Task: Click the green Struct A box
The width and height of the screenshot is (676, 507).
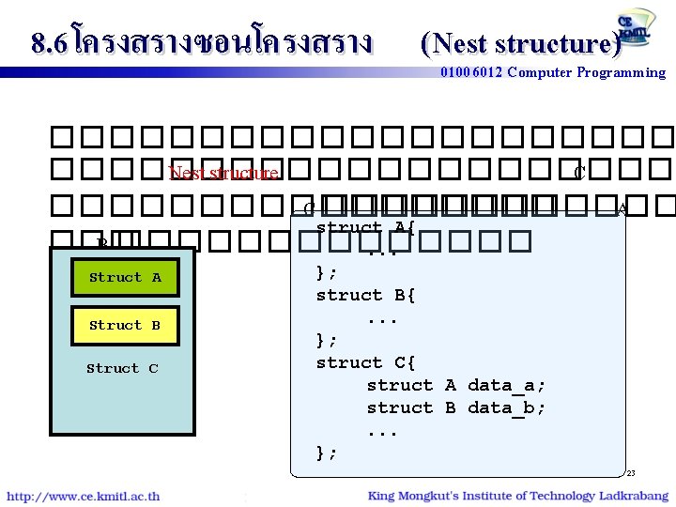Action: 125,277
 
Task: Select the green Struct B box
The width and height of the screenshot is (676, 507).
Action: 125,325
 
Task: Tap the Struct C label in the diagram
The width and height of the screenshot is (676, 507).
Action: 122,368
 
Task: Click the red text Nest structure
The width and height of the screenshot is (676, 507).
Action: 223,173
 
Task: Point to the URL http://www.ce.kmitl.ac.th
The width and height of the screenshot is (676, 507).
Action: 84,496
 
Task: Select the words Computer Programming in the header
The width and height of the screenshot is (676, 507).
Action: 586,72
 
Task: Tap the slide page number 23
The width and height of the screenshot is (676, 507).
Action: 631,473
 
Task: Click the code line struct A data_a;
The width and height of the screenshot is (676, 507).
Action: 456,385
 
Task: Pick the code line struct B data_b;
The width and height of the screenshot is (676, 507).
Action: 456,407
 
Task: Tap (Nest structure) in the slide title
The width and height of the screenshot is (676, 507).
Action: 521,43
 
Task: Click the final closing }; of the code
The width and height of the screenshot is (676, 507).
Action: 327,453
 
